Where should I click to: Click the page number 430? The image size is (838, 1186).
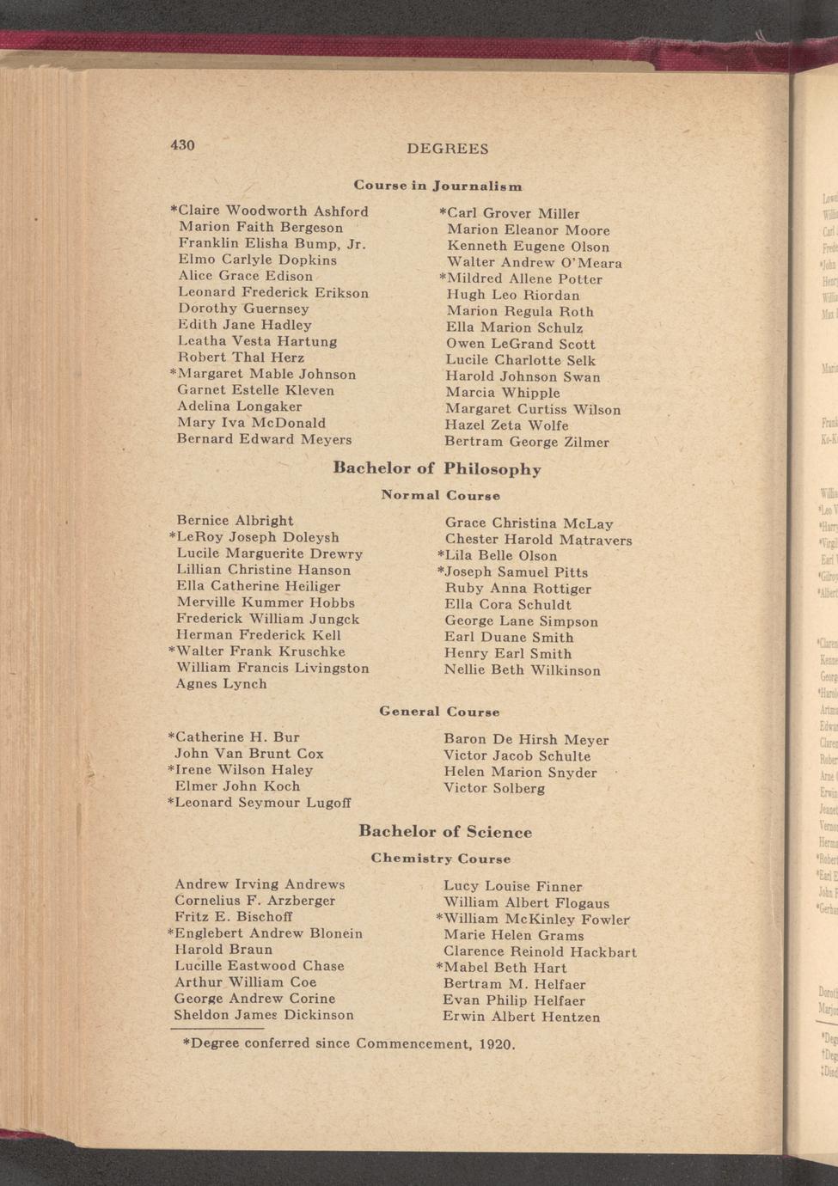point(183,145)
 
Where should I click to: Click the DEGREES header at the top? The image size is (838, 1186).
point(447,149)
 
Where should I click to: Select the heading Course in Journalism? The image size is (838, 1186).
point(437,186)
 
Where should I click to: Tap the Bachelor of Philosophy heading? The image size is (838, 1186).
point(437,469)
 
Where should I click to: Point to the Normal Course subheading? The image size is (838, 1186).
point(440,496)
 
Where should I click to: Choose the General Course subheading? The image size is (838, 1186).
point(439,712)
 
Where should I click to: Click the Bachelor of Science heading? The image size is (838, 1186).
point(444,832)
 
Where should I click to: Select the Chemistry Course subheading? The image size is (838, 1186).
point(440,859)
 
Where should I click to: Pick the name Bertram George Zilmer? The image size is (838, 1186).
point(526,442)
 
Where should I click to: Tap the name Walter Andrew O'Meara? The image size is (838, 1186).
point(534,263)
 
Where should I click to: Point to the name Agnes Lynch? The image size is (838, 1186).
point(221,684)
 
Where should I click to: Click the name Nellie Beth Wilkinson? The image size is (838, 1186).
point(522,670)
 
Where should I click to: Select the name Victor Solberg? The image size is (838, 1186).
point(493,788)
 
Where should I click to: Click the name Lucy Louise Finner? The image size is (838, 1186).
point(512,886)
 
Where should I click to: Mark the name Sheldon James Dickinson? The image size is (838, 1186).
point(264,1015)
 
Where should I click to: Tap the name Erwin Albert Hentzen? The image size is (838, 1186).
point(521,1018)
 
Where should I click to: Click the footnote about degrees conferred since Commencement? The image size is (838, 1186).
point(349,1044)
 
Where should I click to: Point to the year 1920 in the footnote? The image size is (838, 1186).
point(494,1045)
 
